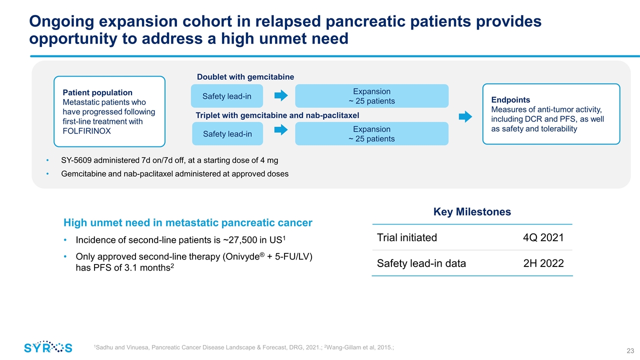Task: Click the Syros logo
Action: tap(48, 347)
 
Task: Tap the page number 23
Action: tap(630, 351)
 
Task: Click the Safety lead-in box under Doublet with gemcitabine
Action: tap(227, 96)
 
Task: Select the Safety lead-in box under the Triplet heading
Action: tap(227, 133)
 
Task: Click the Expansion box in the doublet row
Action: tap(371, 96)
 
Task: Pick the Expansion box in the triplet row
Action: tap(371, 133)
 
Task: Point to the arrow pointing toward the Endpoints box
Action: tap(465, 116)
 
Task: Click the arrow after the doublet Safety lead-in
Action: tap(281, 95)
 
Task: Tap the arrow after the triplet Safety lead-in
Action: tap(281, 129)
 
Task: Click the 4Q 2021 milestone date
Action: tap(543, 237)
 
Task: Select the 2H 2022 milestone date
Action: tap(543, 263)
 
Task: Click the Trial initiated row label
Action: tap(407, 237)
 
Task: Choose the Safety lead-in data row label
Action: tap(421, 263)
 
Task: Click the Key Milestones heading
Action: tap(472, 211)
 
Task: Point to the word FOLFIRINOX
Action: tap(86, 131)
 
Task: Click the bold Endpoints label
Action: tap(510, 99)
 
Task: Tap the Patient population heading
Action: tap(97, 92)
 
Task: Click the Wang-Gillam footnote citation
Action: tap(359, 347)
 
